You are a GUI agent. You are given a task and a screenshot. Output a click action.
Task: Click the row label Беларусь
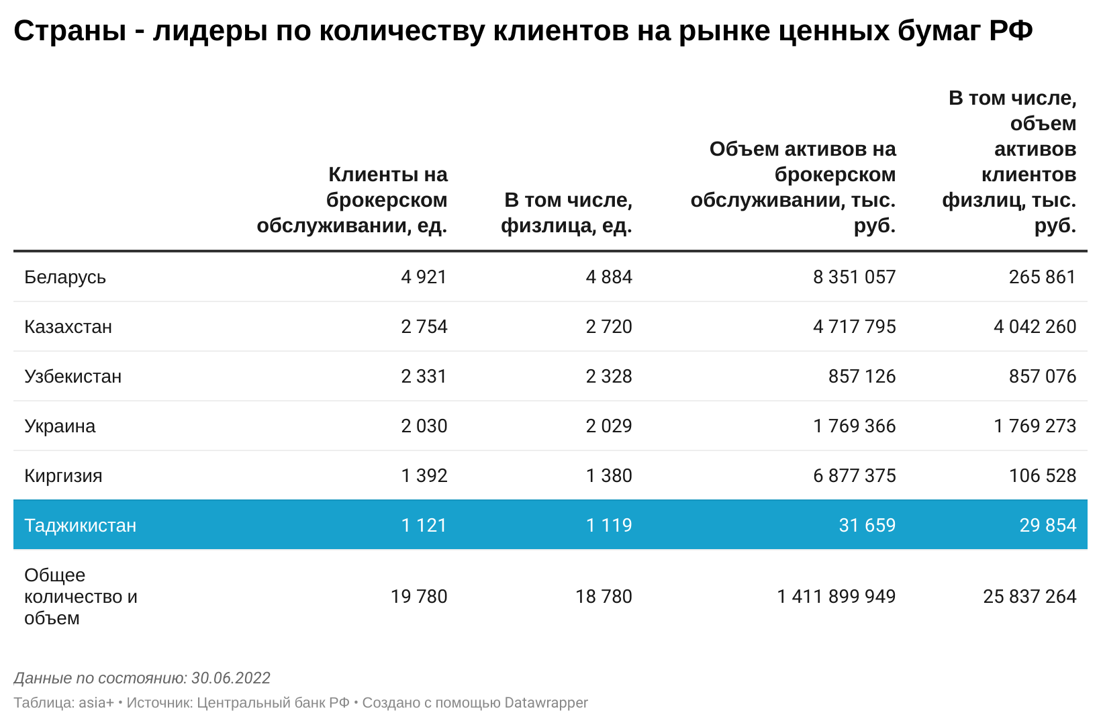(65, 277)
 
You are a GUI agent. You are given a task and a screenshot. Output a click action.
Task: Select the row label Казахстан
(68, 327)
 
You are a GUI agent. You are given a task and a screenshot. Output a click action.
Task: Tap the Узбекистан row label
(73, 377)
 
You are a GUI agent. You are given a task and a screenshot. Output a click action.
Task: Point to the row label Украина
(60, 426)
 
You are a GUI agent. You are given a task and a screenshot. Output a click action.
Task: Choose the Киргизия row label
(63, 476)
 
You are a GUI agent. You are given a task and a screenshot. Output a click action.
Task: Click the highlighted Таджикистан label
(80, 526)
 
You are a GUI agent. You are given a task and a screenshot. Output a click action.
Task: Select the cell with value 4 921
(424, 277)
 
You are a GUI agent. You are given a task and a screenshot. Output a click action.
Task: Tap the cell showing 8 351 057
(854, 277)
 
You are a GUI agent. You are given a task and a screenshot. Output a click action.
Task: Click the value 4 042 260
(1035, 327)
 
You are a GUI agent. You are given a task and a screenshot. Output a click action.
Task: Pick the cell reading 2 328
(609, 377)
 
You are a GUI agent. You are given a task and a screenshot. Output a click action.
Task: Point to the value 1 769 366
(854, 426)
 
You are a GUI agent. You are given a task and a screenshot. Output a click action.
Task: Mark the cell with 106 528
(1042, 476)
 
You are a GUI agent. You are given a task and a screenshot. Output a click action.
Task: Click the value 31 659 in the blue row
(867, 526)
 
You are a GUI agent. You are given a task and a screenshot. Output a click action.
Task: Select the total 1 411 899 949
(836, 597)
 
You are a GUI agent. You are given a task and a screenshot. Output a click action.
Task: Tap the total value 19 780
(419, 597)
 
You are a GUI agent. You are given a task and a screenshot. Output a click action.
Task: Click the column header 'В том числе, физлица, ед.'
(568, 213)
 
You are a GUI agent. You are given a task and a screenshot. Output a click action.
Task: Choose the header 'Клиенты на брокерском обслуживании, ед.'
(352, 200)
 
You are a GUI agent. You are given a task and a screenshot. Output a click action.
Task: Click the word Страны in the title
(69, 31)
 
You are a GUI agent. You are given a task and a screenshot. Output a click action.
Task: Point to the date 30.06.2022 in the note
(230, 678)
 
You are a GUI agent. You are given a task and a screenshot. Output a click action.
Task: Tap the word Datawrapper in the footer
(546, 703)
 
